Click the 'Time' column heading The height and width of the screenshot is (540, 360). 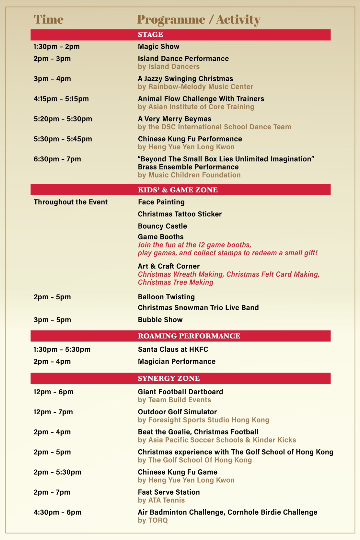(49, 19)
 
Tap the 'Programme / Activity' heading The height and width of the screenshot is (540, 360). (198, 19)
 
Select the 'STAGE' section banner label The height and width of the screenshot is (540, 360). (150, 35)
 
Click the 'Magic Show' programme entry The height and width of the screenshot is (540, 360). (158, 47)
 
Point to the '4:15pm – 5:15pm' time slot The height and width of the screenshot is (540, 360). (61, 99)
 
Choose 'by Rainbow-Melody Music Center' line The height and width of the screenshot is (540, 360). (195, 87)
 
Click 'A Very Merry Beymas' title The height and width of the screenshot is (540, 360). (174, 119)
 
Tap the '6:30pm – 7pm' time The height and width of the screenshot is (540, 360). (57, 159)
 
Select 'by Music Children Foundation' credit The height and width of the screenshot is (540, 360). (189, 175)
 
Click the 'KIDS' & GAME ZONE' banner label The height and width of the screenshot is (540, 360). (178, 190)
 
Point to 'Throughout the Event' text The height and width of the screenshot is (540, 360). (71, 202)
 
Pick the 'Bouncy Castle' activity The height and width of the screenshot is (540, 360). (162, 226)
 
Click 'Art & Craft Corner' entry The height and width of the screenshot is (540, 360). (168, 266)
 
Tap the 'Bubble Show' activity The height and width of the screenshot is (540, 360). (160, 320)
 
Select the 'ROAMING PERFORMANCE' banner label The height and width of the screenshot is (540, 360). (189, 336)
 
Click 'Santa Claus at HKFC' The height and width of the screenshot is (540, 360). (173, 350)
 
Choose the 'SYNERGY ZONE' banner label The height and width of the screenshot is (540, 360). (168, 378)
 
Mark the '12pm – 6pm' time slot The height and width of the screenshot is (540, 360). (53, 392)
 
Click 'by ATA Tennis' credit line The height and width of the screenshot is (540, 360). (161, 500)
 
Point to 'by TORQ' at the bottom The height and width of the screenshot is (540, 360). (153, 520)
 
